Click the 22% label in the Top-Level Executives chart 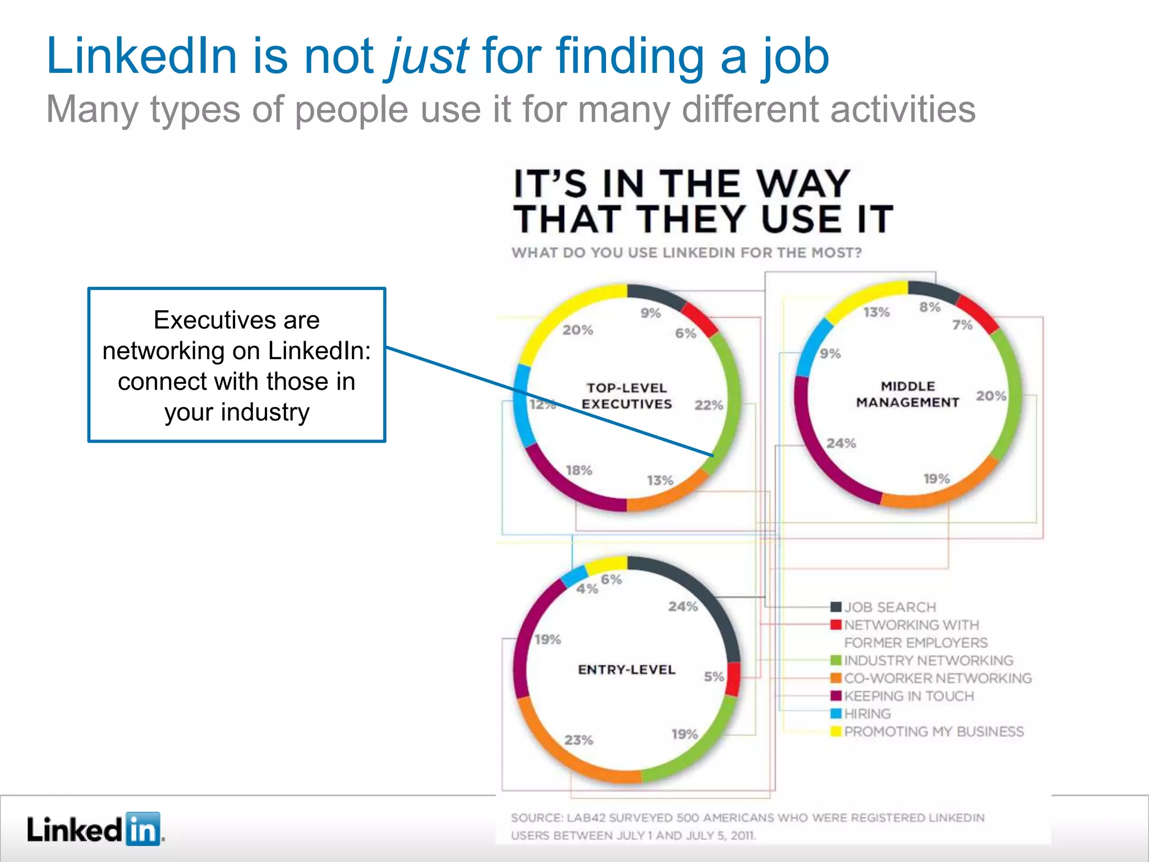point(709,405)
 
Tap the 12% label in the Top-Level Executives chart point(542,404)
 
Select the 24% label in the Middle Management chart point(841,443)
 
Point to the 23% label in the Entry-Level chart point(578,740)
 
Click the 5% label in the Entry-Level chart point(714,677)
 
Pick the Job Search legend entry point(890,607)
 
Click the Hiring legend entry point(867,714)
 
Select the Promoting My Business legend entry point(934,732)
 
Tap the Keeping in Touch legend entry point(909,696)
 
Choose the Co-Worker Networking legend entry point(937,678)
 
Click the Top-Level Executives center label point(627,396)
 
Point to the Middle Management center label point(907,394)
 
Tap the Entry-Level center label point(627,670)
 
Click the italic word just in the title point(429,57)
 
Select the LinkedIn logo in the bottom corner point(94,829)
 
